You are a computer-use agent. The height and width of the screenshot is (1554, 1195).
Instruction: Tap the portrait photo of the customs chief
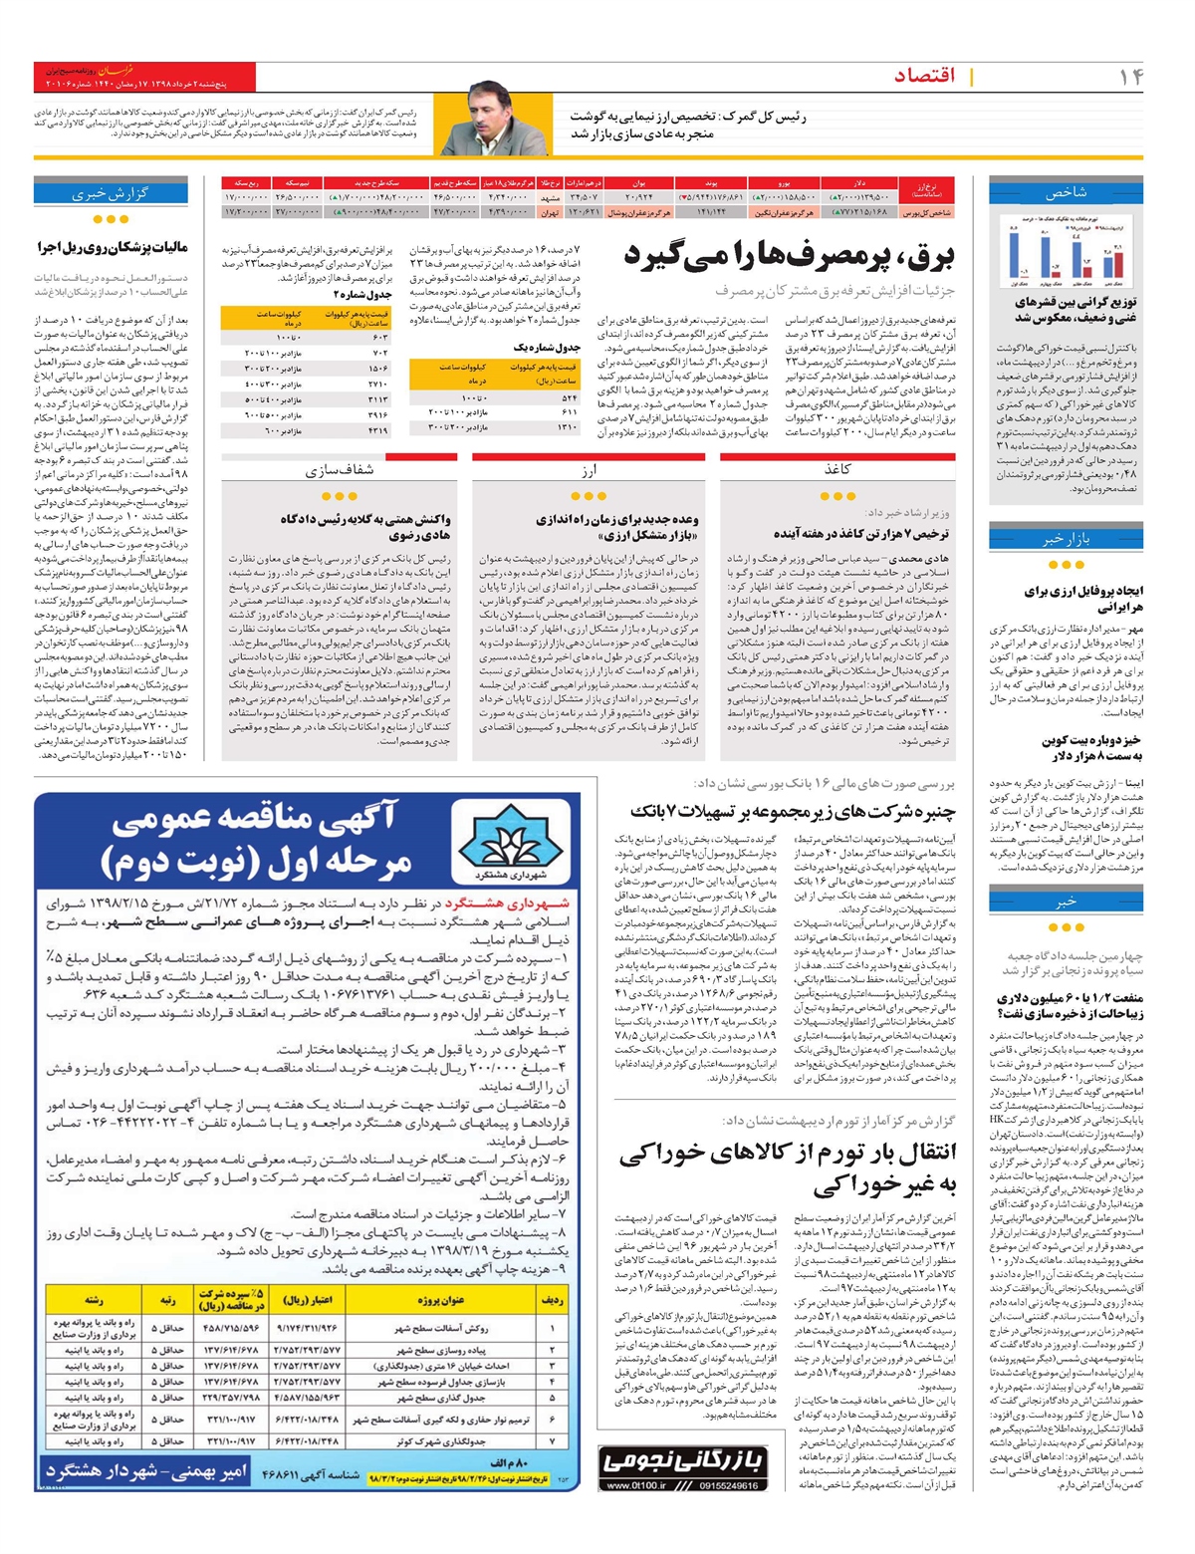point(495,118)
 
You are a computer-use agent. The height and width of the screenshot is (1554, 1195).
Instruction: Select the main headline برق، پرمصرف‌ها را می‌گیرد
point(789,257)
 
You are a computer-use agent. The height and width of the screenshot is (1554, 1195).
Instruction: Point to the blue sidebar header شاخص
point(1066,192)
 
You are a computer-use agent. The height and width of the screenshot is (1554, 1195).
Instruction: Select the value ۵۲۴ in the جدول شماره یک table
point(570,397)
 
